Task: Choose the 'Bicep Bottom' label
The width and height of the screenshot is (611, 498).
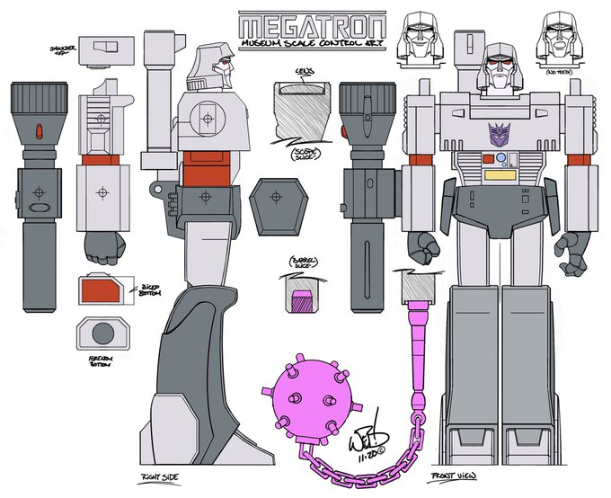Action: pyautogui.click(x=144, y=289)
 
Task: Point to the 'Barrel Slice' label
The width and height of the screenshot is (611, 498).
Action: pyautogui.click(x=301, y=263)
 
